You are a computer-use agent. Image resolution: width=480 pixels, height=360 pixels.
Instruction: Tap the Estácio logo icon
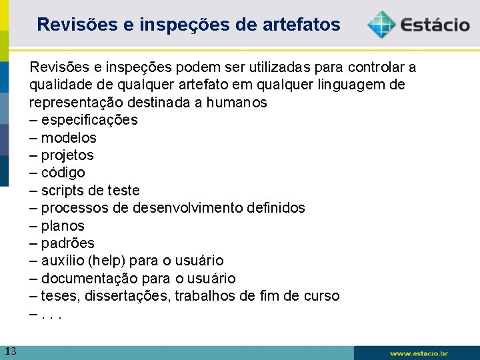tap(381, 24)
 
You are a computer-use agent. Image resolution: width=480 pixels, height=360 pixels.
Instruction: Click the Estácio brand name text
tap(435, 25)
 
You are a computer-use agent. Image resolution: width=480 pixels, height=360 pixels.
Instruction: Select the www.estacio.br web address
tap(419, 353)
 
